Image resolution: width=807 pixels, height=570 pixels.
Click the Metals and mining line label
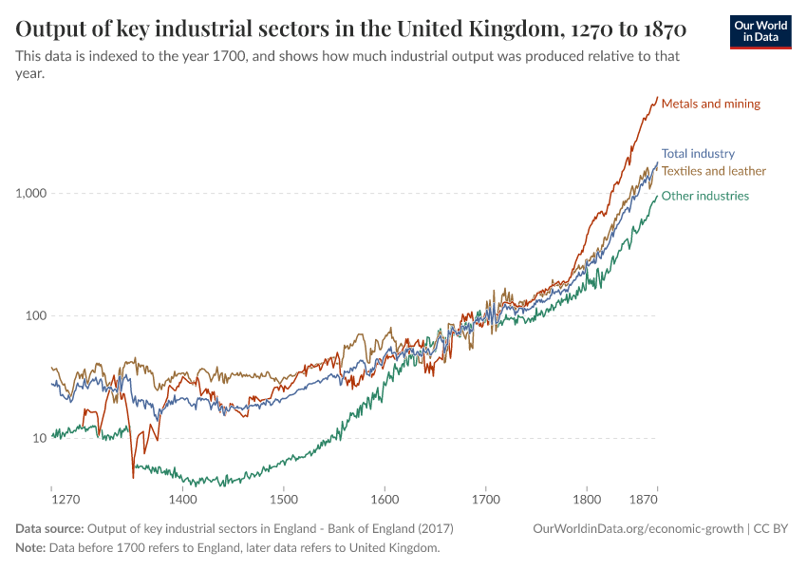coord(710,104)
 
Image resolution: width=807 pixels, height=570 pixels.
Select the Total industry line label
coord(698,153)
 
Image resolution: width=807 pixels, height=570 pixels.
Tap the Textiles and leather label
coord(713,171)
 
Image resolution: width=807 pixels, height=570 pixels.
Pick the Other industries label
coord(704,196)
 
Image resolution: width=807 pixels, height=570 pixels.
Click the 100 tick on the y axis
coord(35,315)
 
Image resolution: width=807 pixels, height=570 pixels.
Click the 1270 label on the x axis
coord(66,498)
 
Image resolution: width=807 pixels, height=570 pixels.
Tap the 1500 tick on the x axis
coord(284,498)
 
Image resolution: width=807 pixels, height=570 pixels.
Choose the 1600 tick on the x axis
coord(385,498)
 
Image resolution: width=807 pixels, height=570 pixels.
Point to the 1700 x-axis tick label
coord(485,498)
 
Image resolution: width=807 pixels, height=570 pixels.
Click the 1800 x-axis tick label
coord(587,498)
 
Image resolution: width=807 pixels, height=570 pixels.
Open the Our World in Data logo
coord(760,31)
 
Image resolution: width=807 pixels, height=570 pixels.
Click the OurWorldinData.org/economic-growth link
coord(639,528)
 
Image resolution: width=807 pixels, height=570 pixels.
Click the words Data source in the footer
coord(49,528)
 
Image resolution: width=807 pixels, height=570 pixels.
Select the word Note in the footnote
coord(30,548)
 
